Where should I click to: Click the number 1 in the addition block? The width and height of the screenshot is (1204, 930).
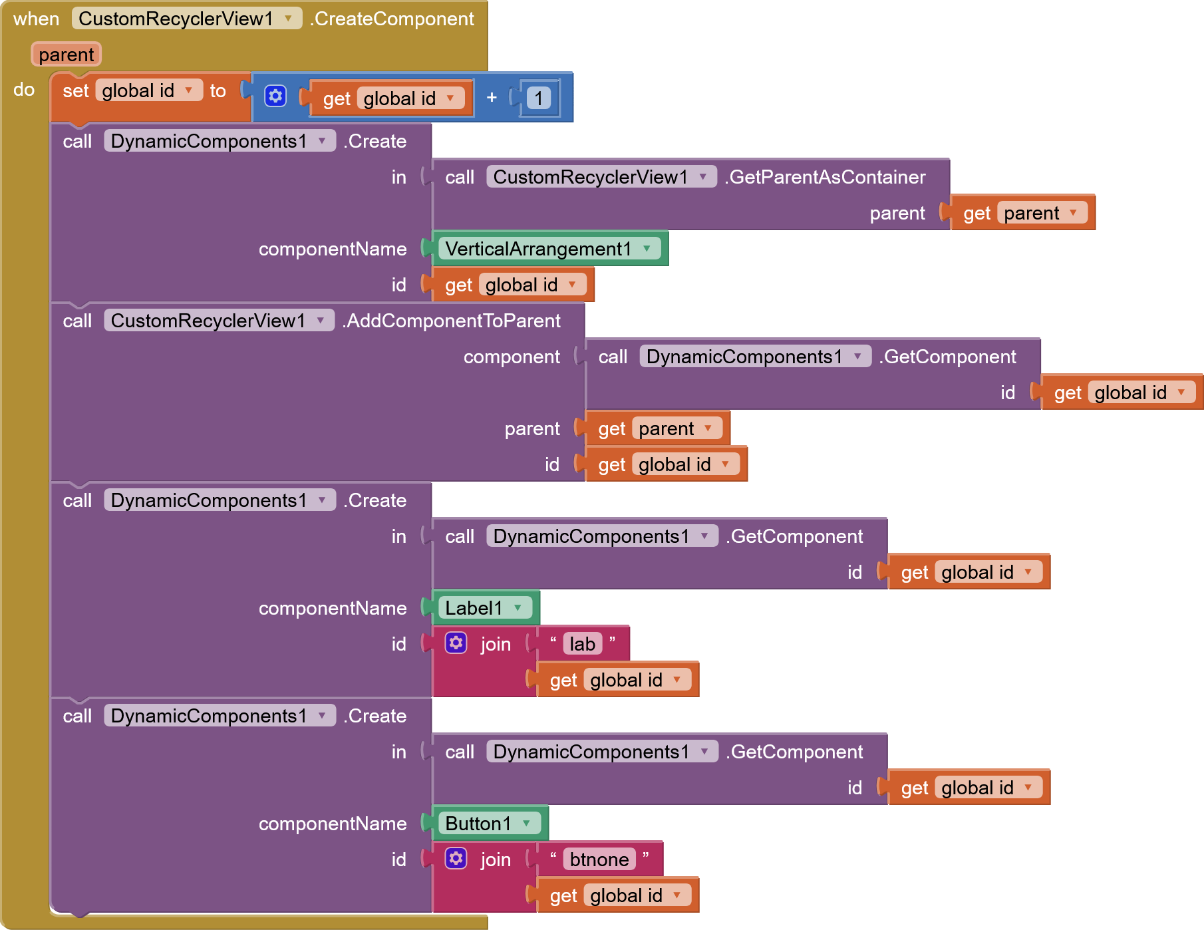538,98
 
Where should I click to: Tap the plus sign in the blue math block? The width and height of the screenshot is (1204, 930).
492,98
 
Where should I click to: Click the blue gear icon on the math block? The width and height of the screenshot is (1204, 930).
275,96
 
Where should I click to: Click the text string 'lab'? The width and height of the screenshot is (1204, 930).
582,644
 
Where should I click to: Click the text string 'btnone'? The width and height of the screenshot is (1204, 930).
599,859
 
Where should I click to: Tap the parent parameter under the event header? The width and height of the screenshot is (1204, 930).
66,55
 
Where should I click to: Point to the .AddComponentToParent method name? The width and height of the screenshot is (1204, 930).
452,321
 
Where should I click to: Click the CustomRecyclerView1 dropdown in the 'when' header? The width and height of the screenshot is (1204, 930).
186,19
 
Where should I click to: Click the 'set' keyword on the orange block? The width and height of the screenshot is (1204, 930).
75,91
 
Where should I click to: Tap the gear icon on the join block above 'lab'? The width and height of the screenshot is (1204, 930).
456,643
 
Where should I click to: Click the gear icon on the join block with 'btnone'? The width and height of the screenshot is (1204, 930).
456,858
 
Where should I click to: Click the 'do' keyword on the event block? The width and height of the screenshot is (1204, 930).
24,89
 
